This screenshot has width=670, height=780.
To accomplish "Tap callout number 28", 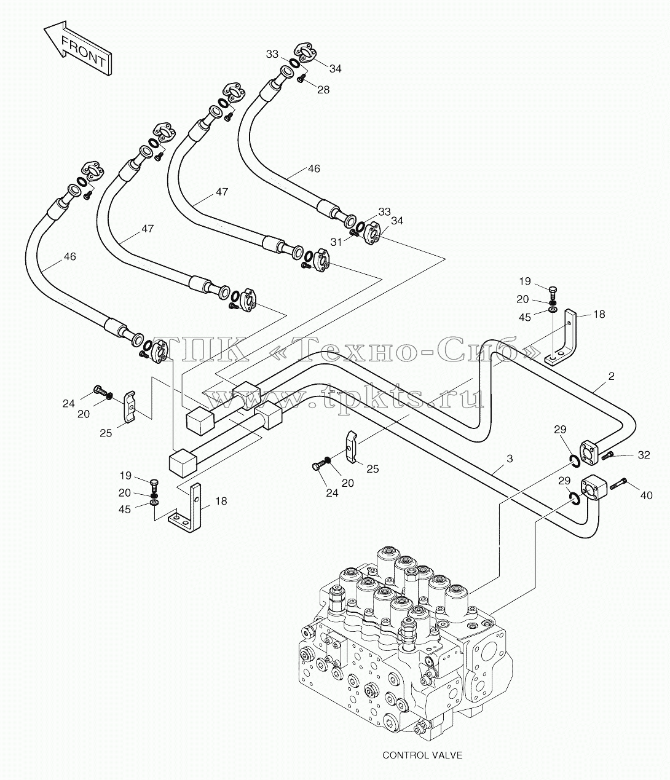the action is [x=323, y=90].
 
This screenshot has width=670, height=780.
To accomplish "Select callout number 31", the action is [x=336, y=242].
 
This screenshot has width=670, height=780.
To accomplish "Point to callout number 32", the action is [x=644, y=455].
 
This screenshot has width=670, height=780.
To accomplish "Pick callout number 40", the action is [x=646, y=495].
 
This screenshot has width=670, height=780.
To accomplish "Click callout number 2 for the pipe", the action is [x=611, y=376].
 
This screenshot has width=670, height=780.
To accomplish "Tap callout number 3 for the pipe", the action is [x=510, y=459].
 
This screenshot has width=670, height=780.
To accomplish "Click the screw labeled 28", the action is [x=301, y=79].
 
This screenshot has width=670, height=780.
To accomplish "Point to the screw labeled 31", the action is [x=354, y=234].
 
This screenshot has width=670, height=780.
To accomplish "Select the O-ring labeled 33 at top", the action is [x=296, y=63].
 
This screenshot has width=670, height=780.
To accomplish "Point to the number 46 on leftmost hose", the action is [x=69, y=256].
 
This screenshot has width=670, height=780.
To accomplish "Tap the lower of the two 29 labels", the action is [x=564, y=481].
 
